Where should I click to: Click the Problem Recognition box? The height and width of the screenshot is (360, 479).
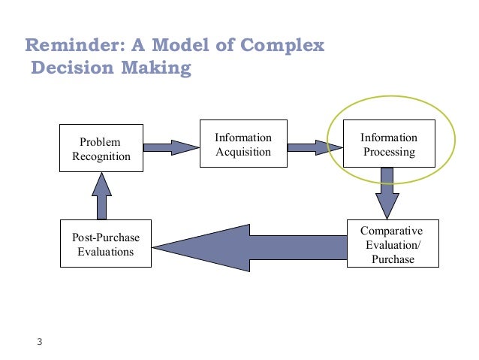(x=101, y=149)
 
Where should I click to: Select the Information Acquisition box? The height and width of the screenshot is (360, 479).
(x=243, y=144)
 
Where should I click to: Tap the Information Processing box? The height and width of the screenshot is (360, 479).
(x=388, y=144)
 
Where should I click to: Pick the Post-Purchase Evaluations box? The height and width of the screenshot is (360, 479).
(x=105, y=244)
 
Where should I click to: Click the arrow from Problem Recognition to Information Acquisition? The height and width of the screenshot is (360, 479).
(x=169, y=146)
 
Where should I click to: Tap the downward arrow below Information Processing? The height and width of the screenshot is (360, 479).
(x=387, y=191)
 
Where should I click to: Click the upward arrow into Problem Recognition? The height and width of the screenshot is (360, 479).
(x=102, y=195)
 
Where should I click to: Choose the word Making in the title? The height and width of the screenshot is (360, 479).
(x=156, y=70)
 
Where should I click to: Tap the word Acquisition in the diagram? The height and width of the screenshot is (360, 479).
(x=243, y=152)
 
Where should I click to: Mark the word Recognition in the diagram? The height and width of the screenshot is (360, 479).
(x=101, y=156)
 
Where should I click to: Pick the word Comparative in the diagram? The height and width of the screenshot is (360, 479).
(x=392, y=231)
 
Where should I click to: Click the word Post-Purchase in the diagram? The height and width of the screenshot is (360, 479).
(x=105, y=237)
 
